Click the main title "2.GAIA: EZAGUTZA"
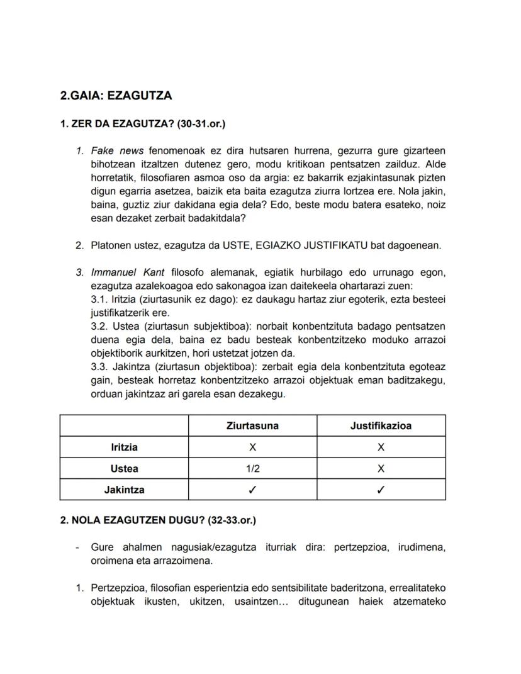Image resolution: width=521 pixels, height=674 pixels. tap(116, 96)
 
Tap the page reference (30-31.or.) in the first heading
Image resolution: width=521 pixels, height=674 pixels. tap(201, 124)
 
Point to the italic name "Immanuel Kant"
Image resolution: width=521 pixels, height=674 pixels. tap(128, 272)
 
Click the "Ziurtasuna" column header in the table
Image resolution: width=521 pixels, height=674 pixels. tap(252, 426)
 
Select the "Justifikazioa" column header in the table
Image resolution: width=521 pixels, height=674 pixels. tap(381, 426)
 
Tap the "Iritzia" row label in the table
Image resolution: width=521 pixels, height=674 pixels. tap(124, 447)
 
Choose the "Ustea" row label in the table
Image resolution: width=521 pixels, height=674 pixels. tap(124, 469)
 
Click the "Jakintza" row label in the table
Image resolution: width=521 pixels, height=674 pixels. tap(124, 490)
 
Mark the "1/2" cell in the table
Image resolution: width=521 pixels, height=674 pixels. tap(252, 469)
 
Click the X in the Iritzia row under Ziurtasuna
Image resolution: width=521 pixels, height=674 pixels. tap(252, 447)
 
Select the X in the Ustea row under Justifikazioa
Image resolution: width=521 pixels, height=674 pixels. tap(381, 469)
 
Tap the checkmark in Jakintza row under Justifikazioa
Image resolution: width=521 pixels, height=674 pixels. tap(381, 490)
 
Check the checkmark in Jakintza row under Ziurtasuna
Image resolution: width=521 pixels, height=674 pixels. tap(252, 490)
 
